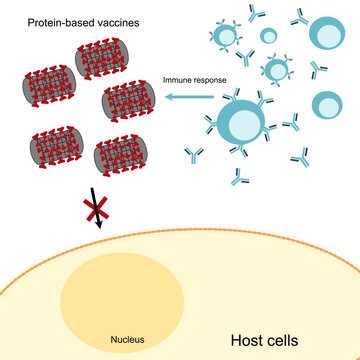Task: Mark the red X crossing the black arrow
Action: click(x=96, y=213)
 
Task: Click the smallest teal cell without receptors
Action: click(x=269, y=36)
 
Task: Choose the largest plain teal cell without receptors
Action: click(x=327, y=104)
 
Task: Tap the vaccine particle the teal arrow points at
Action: click(x=129, y=101)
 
